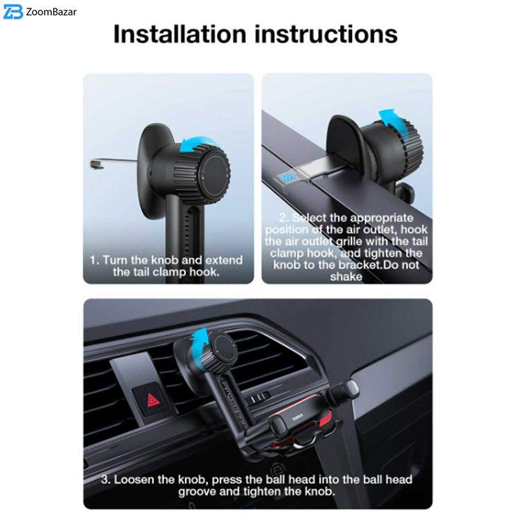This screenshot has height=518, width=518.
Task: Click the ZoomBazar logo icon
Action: (x=13, y=12)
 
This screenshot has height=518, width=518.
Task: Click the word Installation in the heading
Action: (x=180, y=34)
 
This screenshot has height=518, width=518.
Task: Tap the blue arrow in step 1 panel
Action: (x=197, y=144)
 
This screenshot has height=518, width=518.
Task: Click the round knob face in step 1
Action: (x=215, y=174)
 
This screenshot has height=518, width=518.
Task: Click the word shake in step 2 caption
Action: (x=346, y=276)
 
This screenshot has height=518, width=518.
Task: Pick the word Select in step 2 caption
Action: (x=310, y=218)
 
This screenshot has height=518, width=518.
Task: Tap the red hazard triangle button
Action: (x=152, y=400)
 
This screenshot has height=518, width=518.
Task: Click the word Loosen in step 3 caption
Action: (x=134, y=479)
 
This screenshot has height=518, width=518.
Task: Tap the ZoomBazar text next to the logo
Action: (x=51, y=12)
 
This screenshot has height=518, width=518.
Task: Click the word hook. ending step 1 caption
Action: (x=204, y=272)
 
